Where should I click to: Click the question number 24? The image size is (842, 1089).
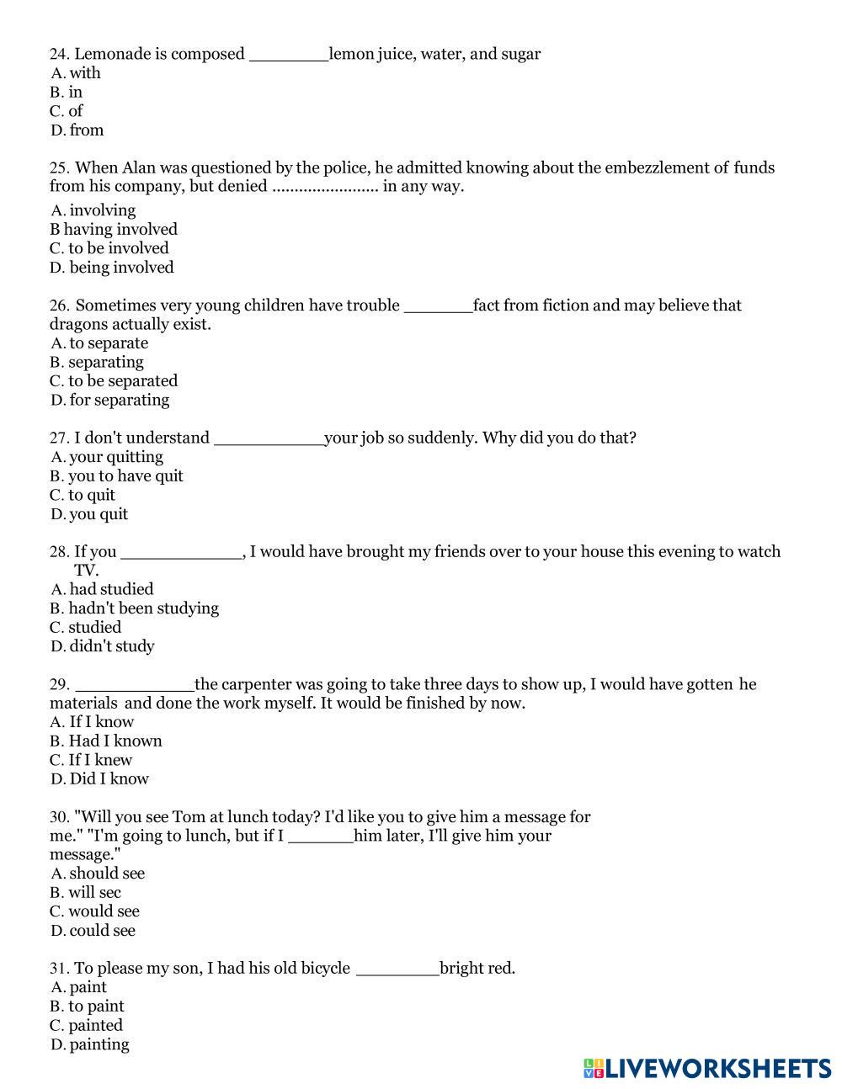(x=59, y=54)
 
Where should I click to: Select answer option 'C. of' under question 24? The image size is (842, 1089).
(x=67, y=111)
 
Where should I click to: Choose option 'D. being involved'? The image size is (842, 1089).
(x=112, y=268)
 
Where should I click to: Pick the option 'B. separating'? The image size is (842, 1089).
(x=97, y=362)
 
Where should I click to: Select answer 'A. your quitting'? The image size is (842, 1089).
(x=107, y=457)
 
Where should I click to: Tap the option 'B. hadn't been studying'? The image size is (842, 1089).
(x=134, y=608)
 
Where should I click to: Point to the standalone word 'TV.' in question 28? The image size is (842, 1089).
(x=87, y=571)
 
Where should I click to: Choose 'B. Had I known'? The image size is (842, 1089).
(x=106, y=741)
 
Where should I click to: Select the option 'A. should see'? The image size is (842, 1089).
(x=98, y=874)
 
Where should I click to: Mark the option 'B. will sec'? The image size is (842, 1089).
(x=86, y=892)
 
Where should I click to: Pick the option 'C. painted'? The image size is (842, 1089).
(x=87, y=1025)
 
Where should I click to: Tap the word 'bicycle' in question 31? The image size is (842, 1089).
(x=320, y=968)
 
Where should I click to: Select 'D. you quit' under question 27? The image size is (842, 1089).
(x=89, y=514)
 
